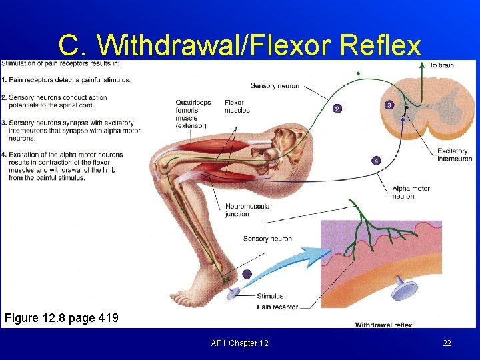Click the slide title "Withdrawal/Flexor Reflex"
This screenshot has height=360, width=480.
click(240, 45)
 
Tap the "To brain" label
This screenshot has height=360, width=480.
click(442, 65)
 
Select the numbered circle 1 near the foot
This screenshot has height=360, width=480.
click(247, 274)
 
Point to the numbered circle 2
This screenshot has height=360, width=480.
click(337, 108)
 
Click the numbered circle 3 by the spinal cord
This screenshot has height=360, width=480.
click(389, 104)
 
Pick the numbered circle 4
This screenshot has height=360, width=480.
click(376, 161)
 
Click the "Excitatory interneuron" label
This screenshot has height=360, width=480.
click(455, 155)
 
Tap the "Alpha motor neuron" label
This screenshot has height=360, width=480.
click(412, 192)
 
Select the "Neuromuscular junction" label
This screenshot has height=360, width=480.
click(249, 210)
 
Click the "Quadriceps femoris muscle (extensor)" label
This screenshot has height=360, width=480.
click(193, 114)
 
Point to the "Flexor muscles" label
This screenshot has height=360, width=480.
click(237, 107)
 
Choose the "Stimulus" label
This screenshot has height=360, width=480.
click(269, 296)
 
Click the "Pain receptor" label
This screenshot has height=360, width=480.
click(277, 307)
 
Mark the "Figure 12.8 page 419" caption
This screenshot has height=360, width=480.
click(61, 317)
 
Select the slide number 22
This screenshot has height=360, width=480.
click(447, 343)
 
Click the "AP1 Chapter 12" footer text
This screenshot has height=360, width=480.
click(239, 343)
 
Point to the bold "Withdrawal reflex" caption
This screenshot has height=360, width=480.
click(383, 325)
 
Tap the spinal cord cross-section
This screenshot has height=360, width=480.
click(427, 110)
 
